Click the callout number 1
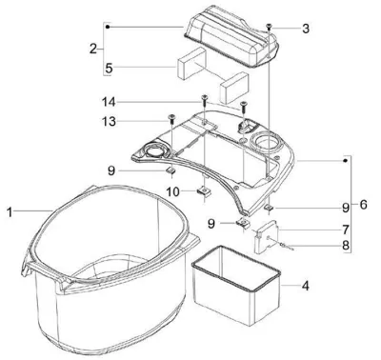tap(10, 212)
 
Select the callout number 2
tap(93, 49)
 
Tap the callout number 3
tap(306, 29)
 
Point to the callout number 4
tap(305, 286)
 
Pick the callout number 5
tap(109, 69)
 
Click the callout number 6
tap(364, 205)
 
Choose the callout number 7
tap(346, 230)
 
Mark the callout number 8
tap(346, 245)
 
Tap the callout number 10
tap(173, 191)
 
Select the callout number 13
tap(109, 122)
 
